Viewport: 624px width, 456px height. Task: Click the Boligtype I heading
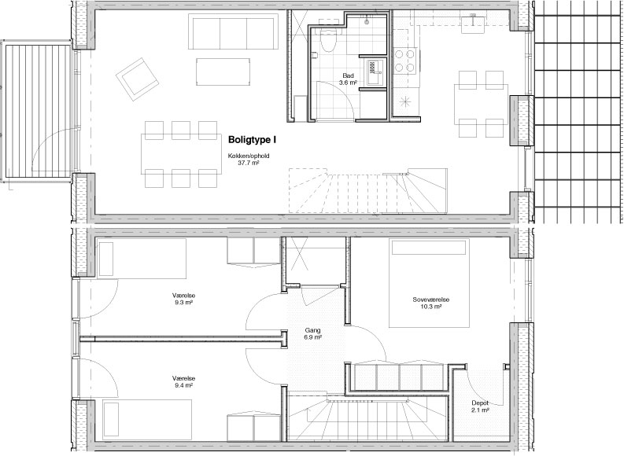252,139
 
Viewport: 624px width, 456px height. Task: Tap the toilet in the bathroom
329,40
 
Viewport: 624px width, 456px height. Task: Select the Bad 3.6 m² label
348,79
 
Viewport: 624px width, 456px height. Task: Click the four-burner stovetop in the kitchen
404,61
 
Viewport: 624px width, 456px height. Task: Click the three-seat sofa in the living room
233,31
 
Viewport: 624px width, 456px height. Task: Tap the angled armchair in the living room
137,79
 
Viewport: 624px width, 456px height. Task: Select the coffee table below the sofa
223,72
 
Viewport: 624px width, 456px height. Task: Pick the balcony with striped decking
37,111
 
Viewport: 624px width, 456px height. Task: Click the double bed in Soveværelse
429,283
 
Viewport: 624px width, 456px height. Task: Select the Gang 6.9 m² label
313,333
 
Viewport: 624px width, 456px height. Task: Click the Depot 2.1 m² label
480,406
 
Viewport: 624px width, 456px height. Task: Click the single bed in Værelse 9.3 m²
141,259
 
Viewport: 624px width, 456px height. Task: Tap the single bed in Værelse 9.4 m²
146,420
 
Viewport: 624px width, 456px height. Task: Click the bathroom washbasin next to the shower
375,72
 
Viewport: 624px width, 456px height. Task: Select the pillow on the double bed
429,248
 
